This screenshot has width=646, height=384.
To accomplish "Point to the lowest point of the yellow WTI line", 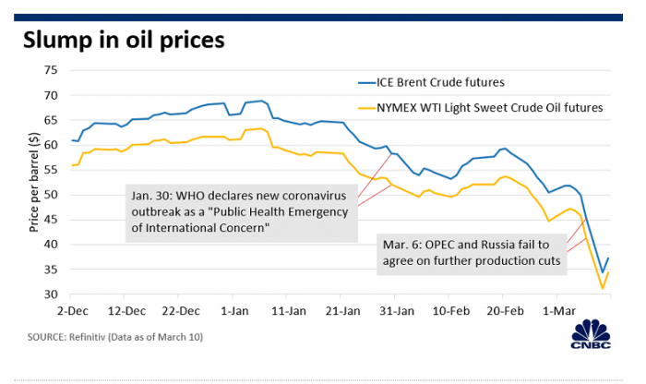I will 603,289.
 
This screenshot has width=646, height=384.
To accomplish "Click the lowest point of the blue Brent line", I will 603,273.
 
